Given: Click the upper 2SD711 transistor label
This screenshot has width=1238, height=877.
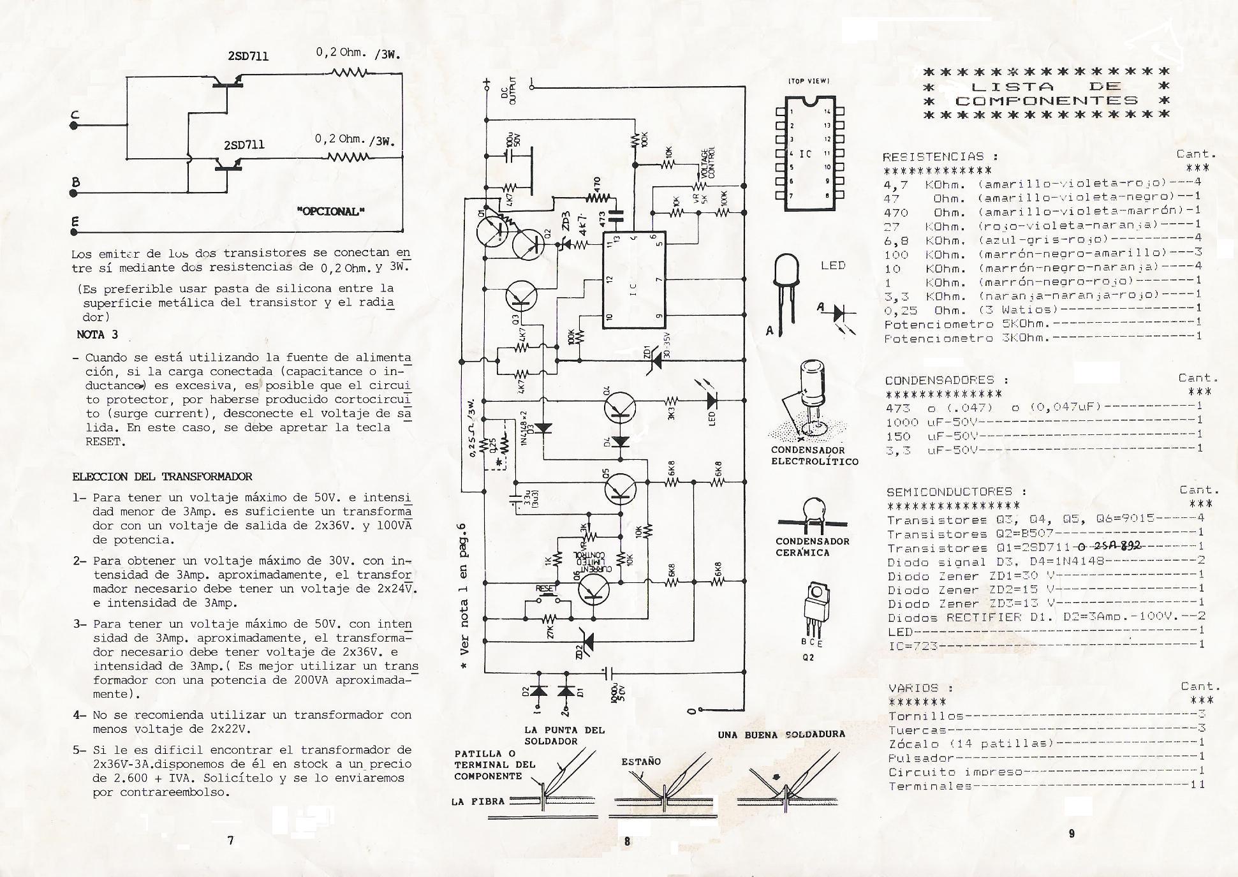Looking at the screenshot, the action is [x=248, y=56].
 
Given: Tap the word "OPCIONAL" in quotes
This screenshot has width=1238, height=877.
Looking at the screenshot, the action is [x=331, y=212].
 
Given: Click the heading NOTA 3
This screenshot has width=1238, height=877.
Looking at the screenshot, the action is [x=97, y=334].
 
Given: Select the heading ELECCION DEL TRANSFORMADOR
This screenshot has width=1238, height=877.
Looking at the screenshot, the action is [x=162, y=476].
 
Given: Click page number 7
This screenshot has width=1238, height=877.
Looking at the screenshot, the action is [x=230, y=840].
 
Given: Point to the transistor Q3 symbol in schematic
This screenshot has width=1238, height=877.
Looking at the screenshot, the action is [x=522, y=296].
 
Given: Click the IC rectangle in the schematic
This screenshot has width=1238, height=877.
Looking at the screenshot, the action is [x=634, y=281].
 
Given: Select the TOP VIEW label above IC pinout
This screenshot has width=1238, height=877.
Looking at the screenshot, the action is [x=808, y=81].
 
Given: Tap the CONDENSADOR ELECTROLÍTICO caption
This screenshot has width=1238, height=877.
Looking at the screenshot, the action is [x=814, y=456].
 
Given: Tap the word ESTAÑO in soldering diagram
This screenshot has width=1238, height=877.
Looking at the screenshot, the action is [x=640, y=762].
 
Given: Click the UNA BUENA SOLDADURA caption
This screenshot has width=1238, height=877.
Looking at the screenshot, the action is [x=781, y=735].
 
